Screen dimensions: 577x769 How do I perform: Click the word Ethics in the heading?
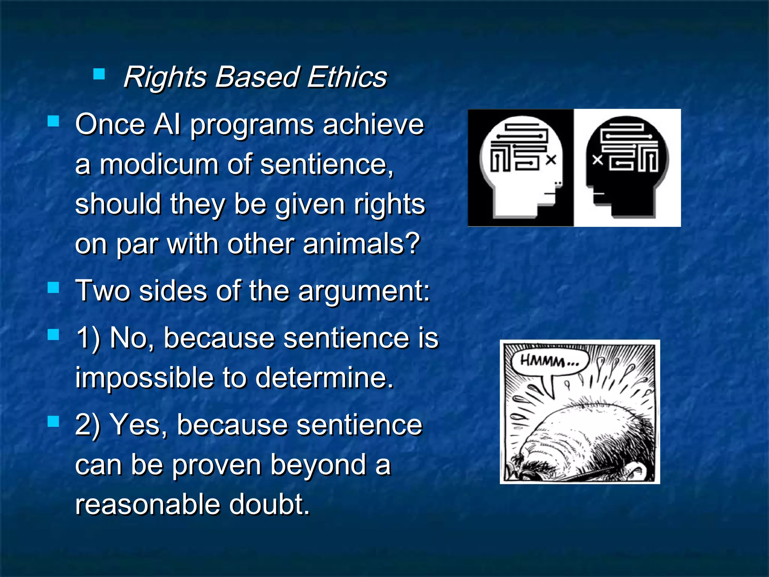point(347,77)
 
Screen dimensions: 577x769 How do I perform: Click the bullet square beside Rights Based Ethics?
point(99,74)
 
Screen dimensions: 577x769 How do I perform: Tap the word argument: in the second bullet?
point(364,291)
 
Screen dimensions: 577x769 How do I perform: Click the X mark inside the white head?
point(551,160)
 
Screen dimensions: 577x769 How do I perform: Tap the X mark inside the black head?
point(597,160)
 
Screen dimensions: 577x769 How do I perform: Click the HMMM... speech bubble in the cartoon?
point(549,363)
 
